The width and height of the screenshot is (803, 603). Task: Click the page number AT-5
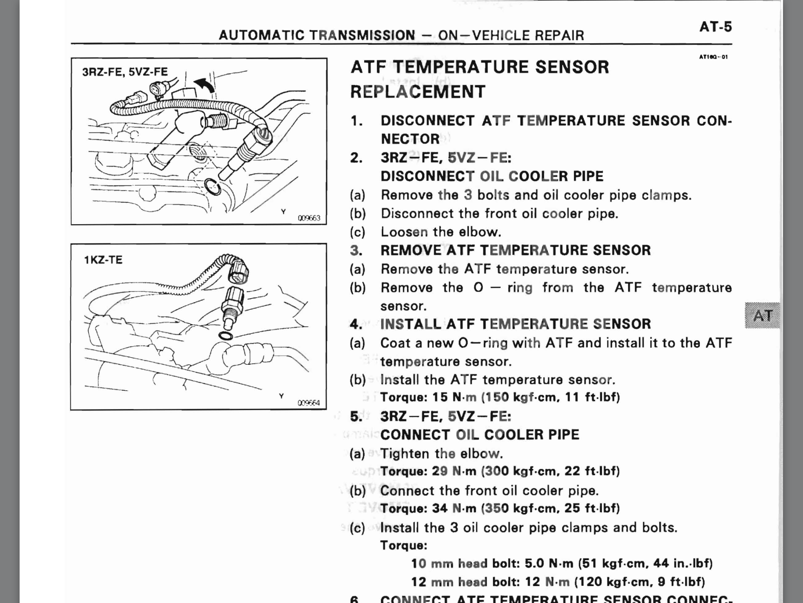(715, 27)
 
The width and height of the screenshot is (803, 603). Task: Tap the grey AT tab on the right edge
(762, 316)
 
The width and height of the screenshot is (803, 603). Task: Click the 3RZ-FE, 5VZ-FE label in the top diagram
(125, 72)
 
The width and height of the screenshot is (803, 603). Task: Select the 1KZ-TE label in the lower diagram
(103, 260)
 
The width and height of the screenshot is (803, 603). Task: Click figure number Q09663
(309, 218)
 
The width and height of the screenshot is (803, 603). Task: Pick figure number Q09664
(309, 403)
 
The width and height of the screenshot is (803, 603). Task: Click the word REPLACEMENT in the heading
(418, 92)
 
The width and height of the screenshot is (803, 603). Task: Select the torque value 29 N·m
(454, 471)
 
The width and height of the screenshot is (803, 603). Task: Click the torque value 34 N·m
(454, 508)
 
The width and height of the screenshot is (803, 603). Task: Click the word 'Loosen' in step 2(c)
(404, 232)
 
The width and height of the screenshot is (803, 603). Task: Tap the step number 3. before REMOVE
(356, 250)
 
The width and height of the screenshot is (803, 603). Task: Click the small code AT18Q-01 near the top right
(713, 57)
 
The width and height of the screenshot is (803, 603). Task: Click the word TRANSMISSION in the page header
(362, 35)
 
